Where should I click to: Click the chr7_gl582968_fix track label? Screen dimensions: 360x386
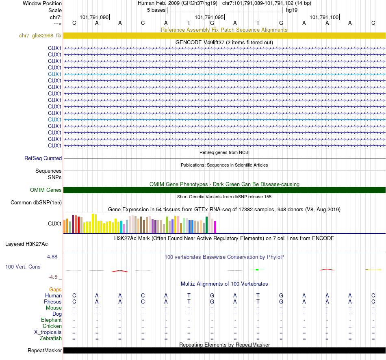pos(40,35)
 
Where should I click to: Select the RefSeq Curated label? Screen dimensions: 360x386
pos(43,158)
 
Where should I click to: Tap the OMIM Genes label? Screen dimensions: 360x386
pos(46,190)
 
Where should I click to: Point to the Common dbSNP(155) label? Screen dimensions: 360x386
pos(36,202)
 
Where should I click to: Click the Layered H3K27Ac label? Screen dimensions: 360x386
pos(26,244)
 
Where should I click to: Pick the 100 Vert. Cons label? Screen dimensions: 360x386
pos(23,267)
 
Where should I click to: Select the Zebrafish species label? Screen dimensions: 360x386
pos(51,338)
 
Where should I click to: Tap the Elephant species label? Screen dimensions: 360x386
pos(51,320)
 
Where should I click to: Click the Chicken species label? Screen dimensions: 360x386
pos(52,326)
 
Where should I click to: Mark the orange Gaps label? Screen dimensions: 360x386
pos(56,289)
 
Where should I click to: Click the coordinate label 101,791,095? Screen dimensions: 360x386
pos(209,17)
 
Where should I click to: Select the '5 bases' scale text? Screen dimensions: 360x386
pos(156,10)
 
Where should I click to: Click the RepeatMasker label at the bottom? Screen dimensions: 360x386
pos(45,350)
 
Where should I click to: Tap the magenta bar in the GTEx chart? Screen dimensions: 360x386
pos(215,227)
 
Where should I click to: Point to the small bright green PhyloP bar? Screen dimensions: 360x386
pos(257,269)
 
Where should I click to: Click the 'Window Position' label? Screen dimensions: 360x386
pos(42,4)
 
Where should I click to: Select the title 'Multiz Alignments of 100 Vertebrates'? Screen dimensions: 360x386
pos(224,284)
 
